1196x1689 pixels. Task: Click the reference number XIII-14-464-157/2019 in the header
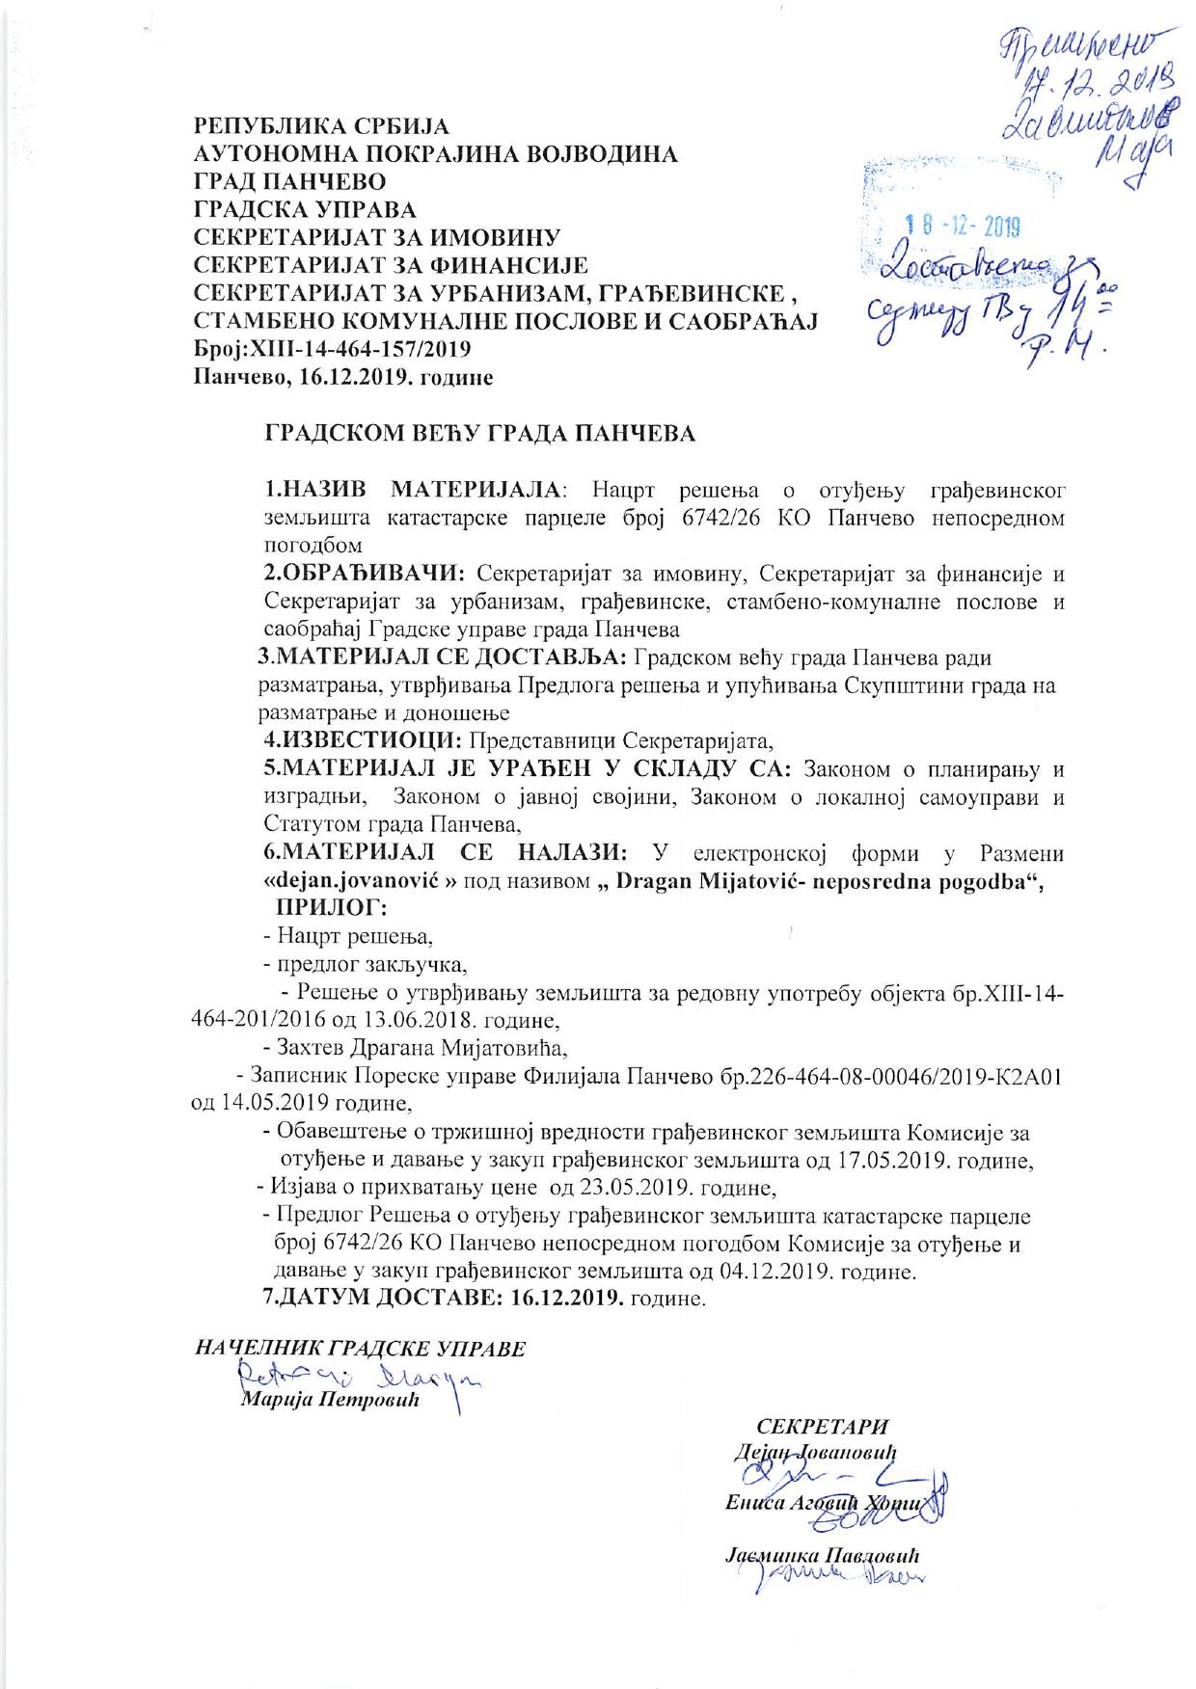(x=353, y=349)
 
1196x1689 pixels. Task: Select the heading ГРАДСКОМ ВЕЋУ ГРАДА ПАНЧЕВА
(x=480, y=434)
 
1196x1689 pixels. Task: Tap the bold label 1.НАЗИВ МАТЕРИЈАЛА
(x=412, y=490)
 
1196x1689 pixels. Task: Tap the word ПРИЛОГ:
(x=332, y=906)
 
